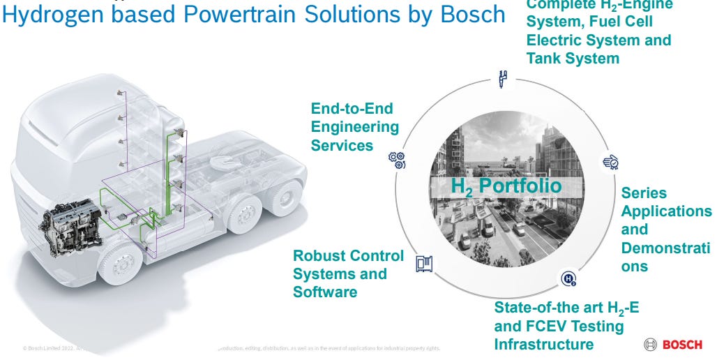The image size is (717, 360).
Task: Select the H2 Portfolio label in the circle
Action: [506, 186]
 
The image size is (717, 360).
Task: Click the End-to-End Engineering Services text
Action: [354, 127]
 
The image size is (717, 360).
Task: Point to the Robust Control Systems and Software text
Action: [347, 273]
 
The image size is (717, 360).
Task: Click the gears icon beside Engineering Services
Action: [397, 160]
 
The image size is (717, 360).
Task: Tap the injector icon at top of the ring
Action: [502, 78]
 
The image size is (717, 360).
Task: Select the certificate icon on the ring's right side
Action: [610, 163]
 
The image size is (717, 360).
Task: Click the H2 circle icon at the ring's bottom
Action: [568, 280]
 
